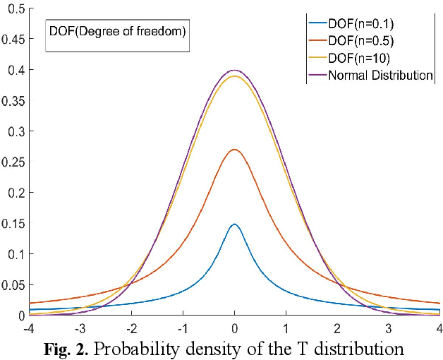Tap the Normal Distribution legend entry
380,74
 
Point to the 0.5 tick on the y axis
15,8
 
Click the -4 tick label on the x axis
29,328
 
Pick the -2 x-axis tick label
131,328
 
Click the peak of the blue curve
234,224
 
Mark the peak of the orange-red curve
234,150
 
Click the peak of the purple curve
234,71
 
